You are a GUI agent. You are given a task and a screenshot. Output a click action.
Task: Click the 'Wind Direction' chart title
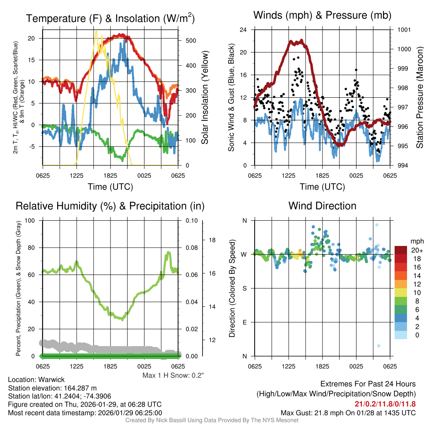click(x=322, y=206)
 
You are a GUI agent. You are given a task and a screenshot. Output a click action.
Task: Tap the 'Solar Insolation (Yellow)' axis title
click(x=205, y=98)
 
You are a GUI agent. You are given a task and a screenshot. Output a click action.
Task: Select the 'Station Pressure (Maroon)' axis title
click(x=419, y=98)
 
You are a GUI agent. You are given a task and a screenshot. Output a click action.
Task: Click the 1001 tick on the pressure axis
click(x=404, y=30)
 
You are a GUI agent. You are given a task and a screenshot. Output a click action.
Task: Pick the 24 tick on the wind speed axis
click(x=243, y=30)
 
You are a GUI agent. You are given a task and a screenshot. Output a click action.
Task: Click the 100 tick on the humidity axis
click(x=31, y=220)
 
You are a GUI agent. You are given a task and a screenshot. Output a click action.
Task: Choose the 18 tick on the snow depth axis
click(x=213, y=240)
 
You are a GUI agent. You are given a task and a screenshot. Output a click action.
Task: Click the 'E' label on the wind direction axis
click(x=244, y=322)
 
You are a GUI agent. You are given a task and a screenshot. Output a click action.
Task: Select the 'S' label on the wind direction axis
click(x=244, y=288)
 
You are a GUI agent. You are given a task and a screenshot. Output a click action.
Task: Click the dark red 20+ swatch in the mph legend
click(x=401, y=250)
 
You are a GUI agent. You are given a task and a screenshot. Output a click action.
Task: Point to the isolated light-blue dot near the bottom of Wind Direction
click(x=378, y=346)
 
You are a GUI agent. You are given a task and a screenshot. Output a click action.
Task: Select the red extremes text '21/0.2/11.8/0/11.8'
click(x=385, y=404)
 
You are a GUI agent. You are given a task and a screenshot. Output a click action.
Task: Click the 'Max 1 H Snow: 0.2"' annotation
click(x=173, y=376)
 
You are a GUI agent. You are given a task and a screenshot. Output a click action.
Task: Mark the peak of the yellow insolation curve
click(x=96, y=31)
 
